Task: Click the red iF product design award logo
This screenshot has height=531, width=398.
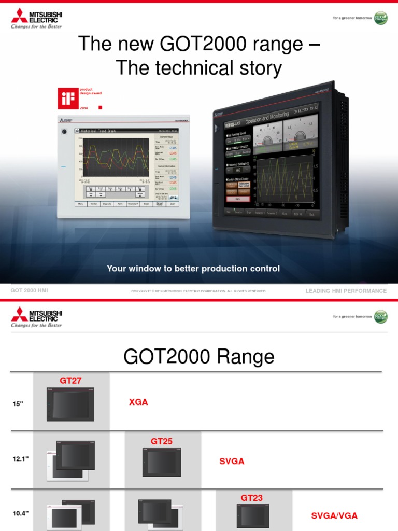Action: click(67, 98)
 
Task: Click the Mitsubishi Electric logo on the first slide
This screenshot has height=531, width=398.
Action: click(36, 19)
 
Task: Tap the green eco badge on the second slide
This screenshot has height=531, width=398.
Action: click(381, 316)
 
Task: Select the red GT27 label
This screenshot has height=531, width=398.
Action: click(70, 380)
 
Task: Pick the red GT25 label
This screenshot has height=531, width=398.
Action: click(162, 441)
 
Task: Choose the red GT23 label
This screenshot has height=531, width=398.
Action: click(251, 498)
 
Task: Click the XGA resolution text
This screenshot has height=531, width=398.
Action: click(138, 402)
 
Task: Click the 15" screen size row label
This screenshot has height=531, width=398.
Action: click(19, 404)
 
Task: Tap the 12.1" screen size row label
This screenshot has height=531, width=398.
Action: click(21, 459)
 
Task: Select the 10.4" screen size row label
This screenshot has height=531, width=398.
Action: click(21, 513)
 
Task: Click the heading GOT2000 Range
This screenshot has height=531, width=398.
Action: click(198, 356)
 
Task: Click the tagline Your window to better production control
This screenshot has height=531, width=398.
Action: click(193, 268)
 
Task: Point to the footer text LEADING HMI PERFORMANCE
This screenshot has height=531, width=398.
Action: click(346, 291)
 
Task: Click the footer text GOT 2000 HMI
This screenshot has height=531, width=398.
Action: click(29, 291)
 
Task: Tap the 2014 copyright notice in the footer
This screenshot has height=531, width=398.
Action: click(198, 291)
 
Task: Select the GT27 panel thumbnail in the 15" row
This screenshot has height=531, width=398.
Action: click(70, 404)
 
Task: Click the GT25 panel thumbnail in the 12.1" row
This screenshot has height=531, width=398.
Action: click(162, 462)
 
